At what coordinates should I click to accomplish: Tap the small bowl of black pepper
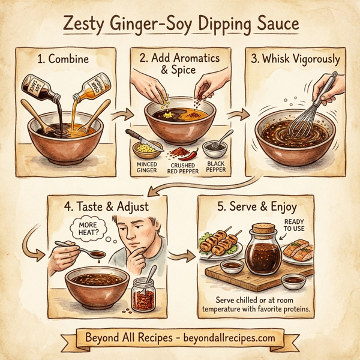(x=215, y=146)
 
